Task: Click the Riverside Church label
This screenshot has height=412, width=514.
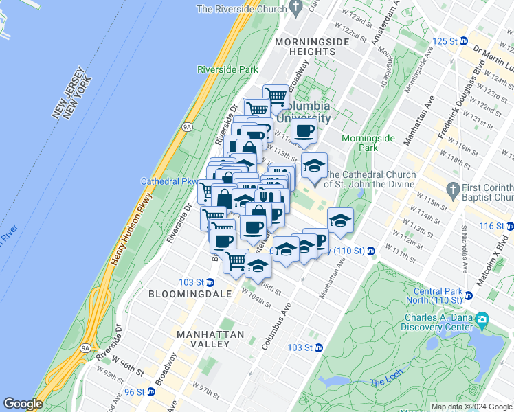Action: tap(241, 9)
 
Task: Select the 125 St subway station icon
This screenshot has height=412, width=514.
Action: tap(463, 41)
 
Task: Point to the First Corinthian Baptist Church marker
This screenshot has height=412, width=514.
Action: tap(452, 188)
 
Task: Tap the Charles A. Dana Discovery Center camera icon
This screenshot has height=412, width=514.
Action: tap(482, 319)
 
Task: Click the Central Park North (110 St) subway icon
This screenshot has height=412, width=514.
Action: tap(469, 296)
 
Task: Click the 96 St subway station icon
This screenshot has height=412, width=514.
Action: tap(150, 392)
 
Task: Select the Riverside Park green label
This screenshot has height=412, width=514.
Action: tap(227, 69)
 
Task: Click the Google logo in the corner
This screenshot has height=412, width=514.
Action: tap(23, 404)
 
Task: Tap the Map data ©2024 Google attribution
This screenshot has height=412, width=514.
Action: tap(471, 407)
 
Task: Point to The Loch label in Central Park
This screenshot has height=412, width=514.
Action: tap(383, 382)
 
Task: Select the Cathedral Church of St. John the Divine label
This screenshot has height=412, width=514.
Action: tap(371, 179)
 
